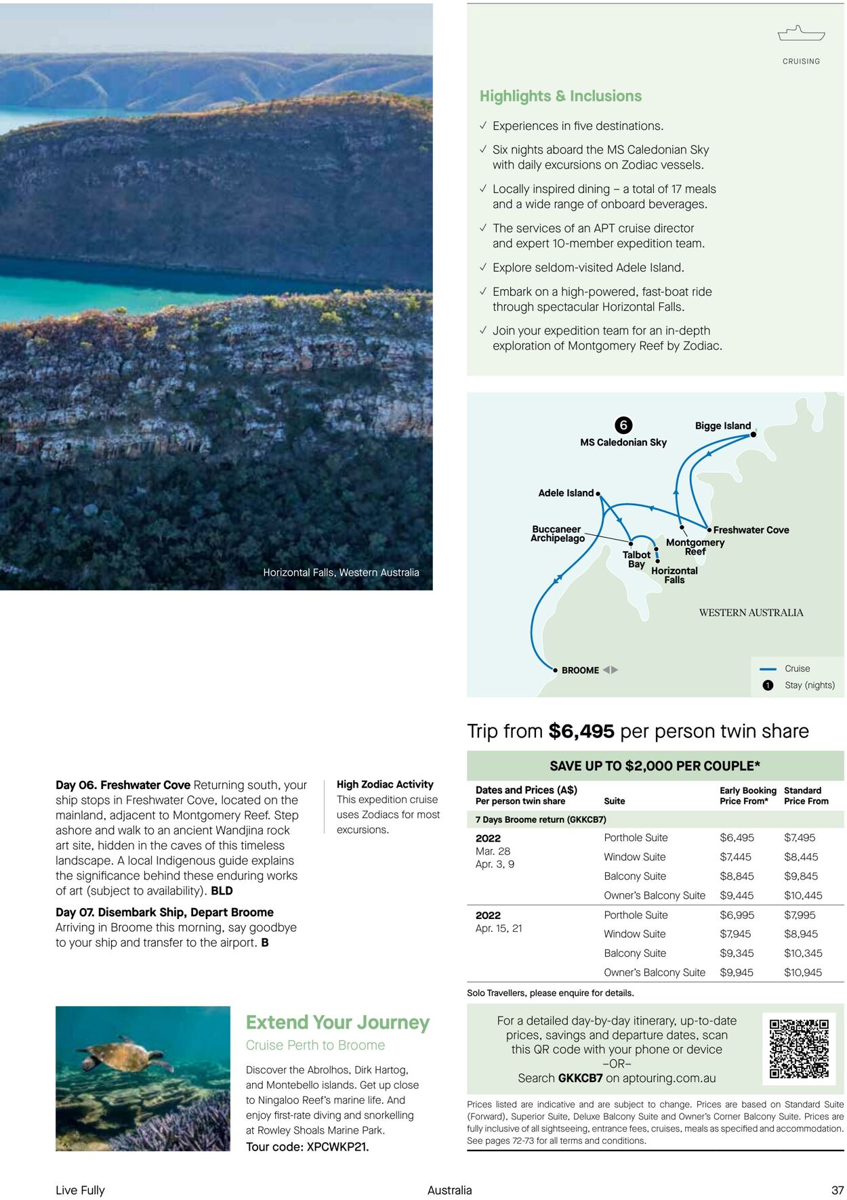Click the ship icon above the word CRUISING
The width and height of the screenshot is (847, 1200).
(801, 33)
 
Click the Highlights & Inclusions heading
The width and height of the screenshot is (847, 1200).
(560, 96)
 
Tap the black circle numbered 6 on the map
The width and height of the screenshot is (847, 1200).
(623, 425)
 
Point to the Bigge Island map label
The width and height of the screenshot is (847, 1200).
(722, 426)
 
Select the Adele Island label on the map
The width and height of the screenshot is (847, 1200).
(566, 493)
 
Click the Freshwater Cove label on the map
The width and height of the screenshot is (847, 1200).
(751, 530)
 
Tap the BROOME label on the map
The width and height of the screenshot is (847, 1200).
(580, 670)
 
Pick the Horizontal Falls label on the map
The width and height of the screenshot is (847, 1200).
(674, 575)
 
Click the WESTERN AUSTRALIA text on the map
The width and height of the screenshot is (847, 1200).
(751, 613)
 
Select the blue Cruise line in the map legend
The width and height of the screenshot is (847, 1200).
(768, 669)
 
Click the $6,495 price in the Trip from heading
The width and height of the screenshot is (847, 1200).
(581, 731)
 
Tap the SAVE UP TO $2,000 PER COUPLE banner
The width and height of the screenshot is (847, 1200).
(655, 766)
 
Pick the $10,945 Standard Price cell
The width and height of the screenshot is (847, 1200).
(803, 972)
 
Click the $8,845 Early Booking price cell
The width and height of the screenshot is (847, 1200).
(737, 876)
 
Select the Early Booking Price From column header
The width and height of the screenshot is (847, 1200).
(747, 796)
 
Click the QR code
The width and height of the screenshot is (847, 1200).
(799, 1048)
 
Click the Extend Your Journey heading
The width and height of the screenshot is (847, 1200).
(337, 1022)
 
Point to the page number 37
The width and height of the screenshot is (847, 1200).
(838, 1190)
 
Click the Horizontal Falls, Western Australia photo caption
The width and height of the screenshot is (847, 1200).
(341, 573)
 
